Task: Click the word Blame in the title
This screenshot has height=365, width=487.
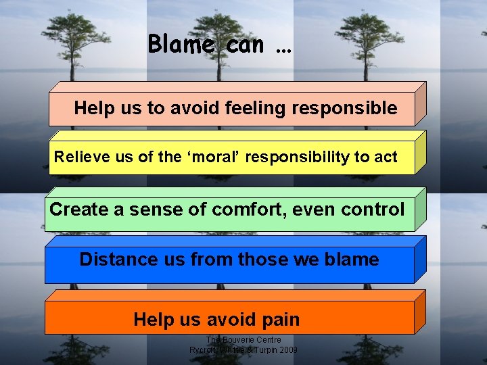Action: click(182, 45)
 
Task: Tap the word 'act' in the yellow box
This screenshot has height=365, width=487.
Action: click(386, 157)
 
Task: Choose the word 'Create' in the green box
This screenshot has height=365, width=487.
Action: click(80, 210)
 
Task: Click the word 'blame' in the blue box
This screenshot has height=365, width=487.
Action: click(351, 260)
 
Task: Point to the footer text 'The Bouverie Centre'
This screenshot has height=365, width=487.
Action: click(243, 339)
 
